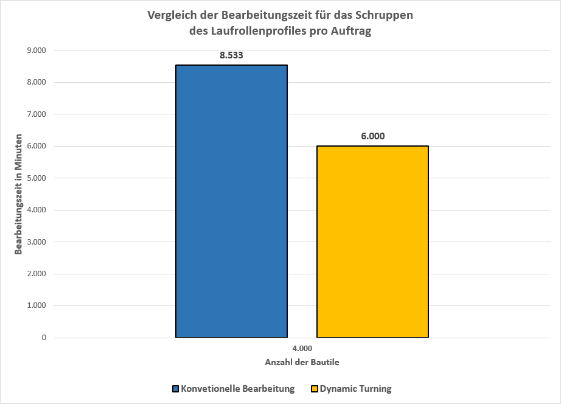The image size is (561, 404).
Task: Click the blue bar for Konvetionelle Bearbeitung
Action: [231, 201]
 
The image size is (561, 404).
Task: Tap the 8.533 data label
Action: [232, 55]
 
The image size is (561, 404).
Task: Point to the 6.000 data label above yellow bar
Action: [372, 136]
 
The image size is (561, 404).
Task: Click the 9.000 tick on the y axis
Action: [35, 50]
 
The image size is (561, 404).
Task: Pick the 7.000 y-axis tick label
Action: [35, 114]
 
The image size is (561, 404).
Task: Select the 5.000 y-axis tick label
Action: [35, 178]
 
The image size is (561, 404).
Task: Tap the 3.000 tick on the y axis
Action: [35, 242]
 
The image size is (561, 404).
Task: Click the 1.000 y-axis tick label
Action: [35, 306]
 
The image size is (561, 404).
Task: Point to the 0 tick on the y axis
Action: [43, 338]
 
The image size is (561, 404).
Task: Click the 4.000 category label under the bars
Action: [302, 348]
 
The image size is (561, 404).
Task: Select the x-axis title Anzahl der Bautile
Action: [302, 362]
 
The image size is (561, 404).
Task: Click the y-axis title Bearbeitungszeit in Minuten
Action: [19, 194]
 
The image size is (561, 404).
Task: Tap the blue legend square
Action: [175, 389]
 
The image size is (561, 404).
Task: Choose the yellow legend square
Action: [315, 389]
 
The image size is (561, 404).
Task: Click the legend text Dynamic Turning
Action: [355, 389]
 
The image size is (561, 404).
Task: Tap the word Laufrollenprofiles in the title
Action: [251, 32]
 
